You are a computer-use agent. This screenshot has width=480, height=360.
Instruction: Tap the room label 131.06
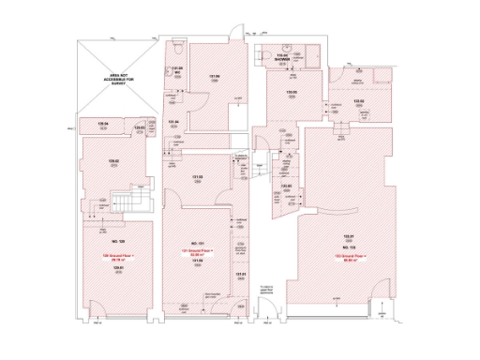pyautogui.click(x=214, y=77)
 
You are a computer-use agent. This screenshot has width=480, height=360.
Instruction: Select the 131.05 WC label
pyautogui.click(x=174, y=70)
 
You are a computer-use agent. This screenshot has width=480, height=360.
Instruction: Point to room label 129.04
pyautogui.click(x=105, y=123)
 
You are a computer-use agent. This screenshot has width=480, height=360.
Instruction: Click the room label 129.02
pyautogui.click(x=112, y=160)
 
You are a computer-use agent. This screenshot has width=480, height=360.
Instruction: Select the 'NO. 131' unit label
pyautogui.click(x=198, y=242)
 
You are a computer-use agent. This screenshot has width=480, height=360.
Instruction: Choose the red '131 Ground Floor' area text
pyautogui.click(x=198, y=252)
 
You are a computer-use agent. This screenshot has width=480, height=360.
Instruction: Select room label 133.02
pyautogui.click(x=358, y=101)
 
